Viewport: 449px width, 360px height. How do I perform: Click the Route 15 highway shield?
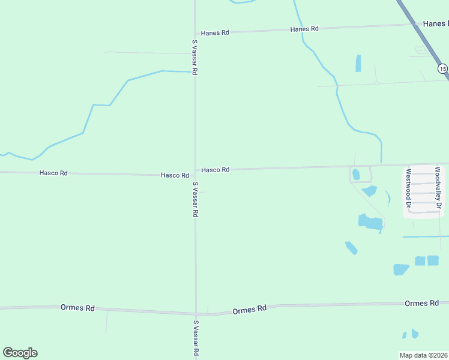pos(442,69)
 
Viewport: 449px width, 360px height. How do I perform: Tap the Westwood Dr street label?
pos(408,187)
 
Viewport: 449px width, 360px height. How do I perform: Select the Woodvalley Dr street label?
pos(439,188)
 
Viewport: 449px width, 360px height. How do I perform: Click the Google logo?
pos(20,353)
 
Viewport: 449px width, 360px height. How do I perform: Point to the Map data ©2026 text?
pos(424,355)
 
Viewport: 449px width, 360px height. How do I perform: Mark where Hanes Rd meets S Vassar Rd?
pos(195,32)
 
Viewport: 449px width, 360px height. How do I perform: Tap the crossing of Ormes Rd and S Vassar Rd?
pos(195,313)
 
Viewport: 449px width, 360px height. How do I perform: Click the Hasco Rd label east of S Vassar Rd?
pos(215,170)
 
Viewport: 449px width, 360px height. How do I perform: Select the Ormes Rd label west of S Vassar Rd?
pos(77,307)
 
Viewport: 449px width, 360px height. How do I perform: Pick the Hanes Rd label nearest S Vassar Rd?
pos(215,33)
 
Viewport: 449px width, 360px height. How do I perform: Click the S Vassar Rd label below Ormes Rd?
pos(195,339)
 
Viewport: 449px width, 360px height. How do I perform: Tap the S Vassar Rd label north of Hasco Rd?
pos(195,57)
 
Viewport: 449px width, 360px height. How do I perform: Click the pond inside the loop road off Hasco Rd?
pos(356,175)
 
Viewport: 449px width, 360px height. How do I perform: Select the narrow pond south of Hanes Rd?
pos(358,63)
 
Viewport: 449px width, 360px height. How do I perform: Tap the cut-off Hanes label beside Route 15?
pos(435,23)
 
